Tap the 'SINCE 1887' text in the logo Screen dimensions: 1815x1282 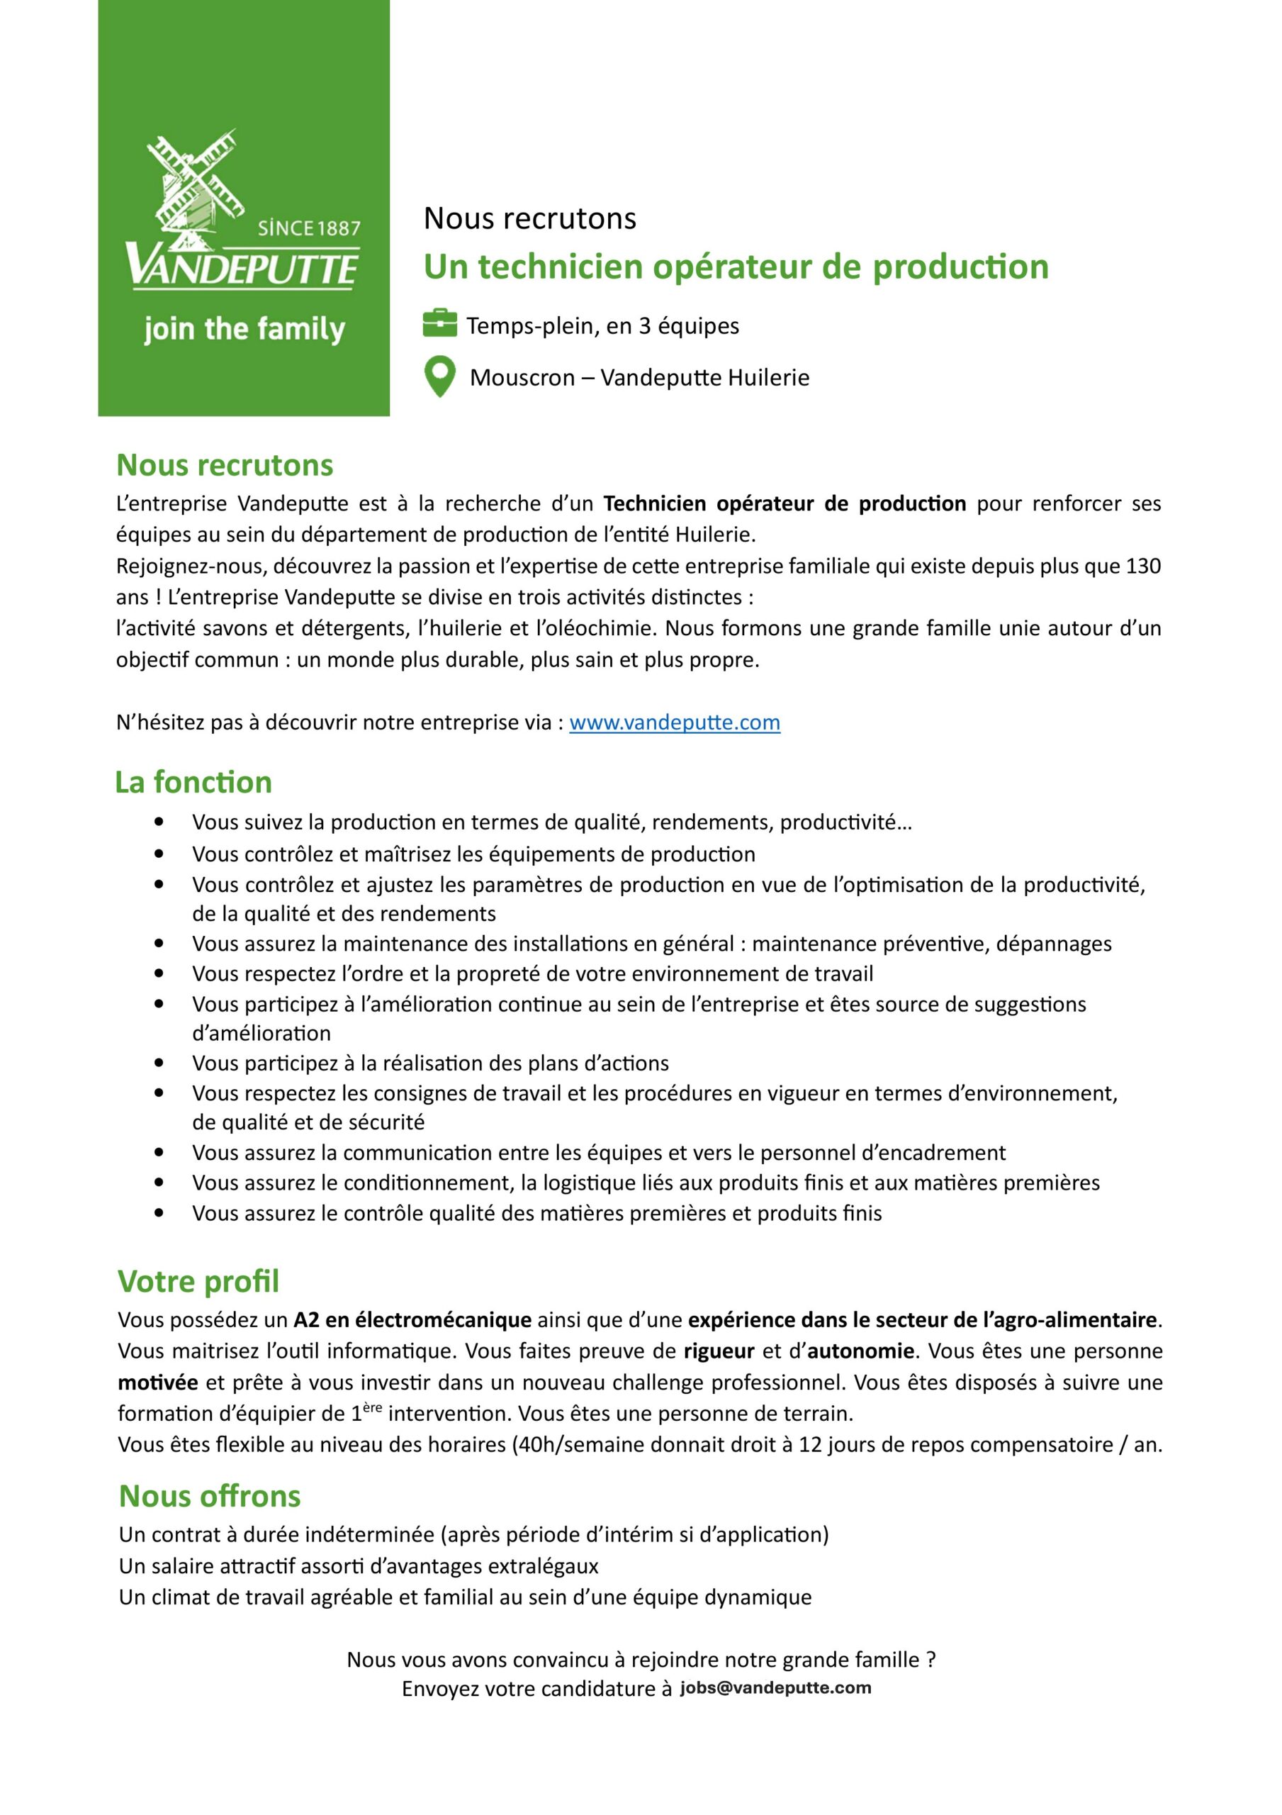click(308, 228)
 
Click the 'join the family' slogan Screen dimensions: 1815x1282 click(244, 329)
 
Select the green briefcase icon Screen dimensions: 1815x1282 click(439, 323)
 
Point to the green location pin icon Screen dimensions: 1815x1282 click(439, 376)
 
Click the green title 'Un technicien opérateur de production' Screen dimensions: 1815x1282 click(736, 267)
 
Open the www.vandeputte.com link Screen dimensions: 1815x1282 click(674, 722)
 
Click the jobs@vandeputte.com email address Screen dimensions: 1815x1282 click(775, 1687)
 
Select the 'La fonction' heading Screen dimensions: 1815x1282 click(193, 782)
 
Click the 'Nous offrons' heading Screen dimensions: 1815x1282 click(210, 1496)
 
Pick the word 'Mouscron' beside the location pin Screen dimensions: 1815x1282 click(522, 378)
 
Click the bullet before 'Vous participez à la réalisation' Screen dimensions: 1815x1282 click(159, 1063)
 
